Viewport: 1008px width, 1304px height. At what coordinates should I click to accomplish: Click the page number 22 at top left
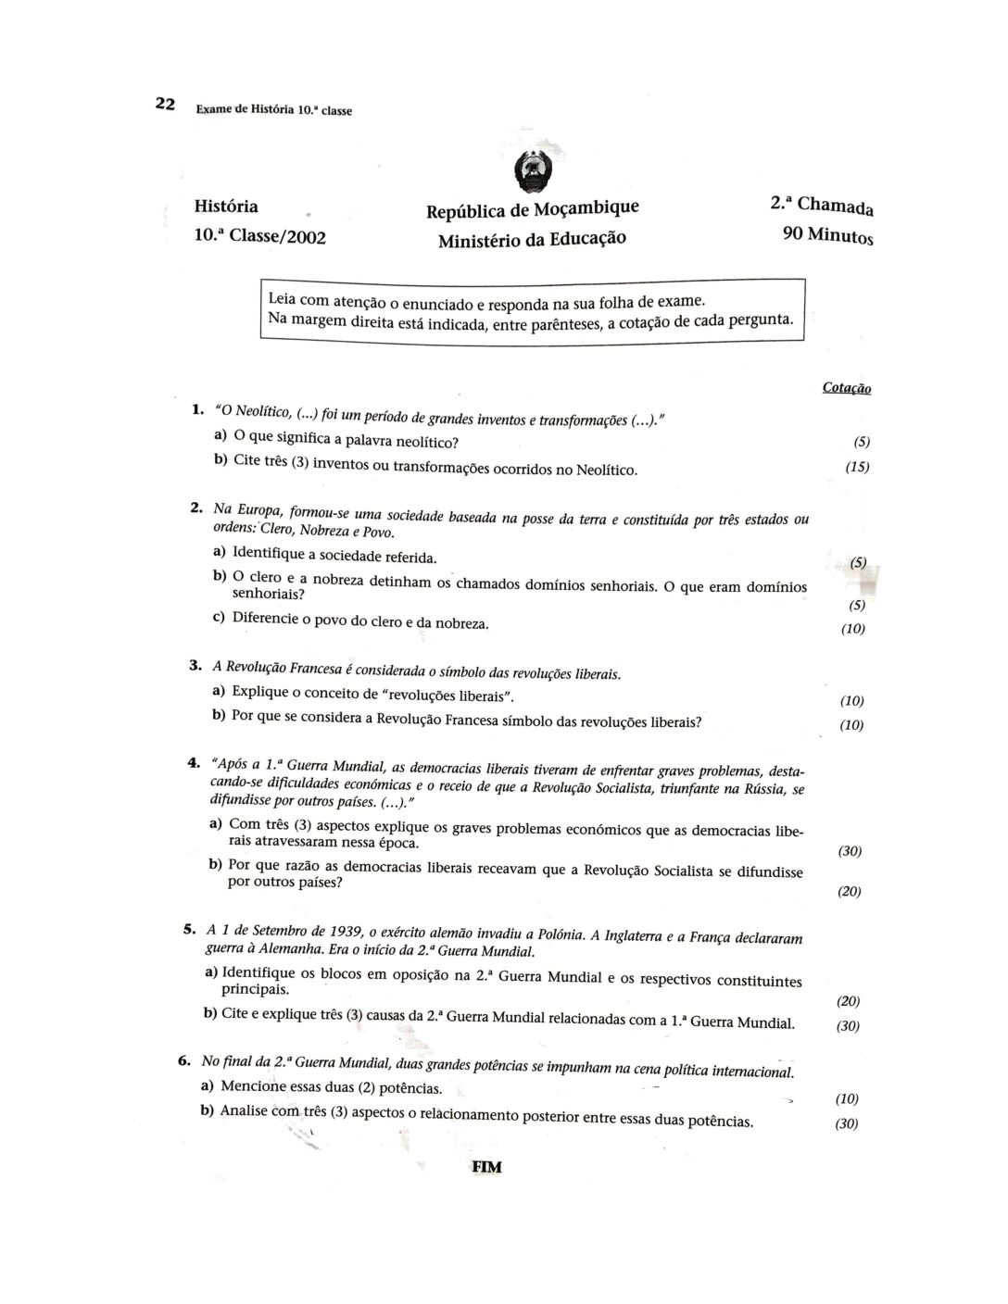tap(165, 103)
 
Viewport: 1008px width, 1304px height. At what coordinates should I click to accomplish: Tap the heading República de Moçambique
tap(532, 209)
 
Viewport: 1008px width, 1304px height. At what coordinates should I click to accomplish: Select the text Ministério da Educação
tap(532, 239)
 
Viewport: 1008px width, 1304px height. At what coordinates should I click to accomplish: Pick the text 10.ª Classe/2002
tap(260, 236)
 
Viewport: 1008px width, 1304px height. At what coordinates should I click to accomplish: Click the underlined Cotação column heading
tap(846, 388)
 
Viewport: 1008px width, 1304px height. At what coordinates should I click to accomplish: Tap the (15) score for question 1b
tap(857, 467)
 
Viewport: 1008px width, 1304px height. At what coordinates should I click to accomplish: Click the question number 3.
tap(195, 665)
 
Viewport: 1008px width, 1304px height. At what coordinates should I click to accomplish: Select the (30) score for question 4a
tap(850, 851)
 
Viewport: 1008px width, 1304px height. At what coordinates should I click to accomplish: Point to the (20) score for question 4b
tap(850, 891)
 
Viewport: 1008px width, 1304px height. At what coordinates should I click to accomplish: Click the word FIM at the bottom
tap(486, 1167)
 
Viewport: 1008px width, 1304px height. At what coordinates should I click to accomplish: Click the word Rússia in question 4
tap(760, 787)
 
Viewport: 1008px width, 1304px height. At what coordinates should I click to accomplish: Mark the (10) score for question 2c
tap(852, 629)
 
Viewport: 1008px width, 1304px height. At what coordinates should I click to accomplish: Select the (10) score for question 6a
tap(847, 1098)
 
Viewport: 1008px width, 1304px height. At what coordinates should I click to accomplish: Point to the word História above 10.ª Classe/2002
tap(227, 206)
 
